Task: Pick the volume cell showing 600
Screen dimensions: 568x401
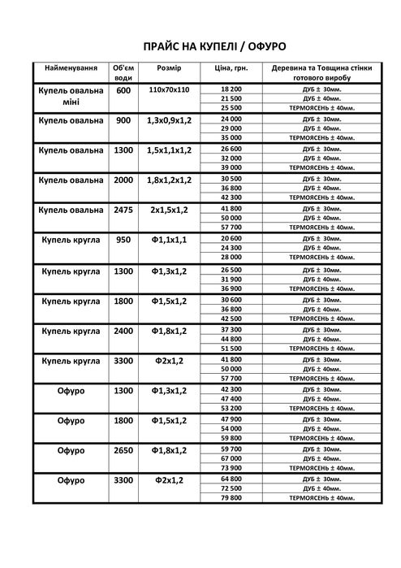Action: pos(123,91)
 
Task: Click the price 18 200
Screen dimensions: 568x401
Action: pos(231,88)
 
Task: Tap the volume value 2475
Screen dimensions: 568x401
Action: pos(123,209)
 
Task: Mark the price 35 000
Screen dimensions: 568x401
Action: pos(231,137)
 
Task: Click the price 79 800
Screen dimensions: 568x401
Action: pos(231,498)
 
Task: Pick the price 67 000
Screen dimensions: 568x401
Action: pos(231,458)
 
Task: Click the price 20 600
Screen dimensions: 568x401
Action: pos(231,238)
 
